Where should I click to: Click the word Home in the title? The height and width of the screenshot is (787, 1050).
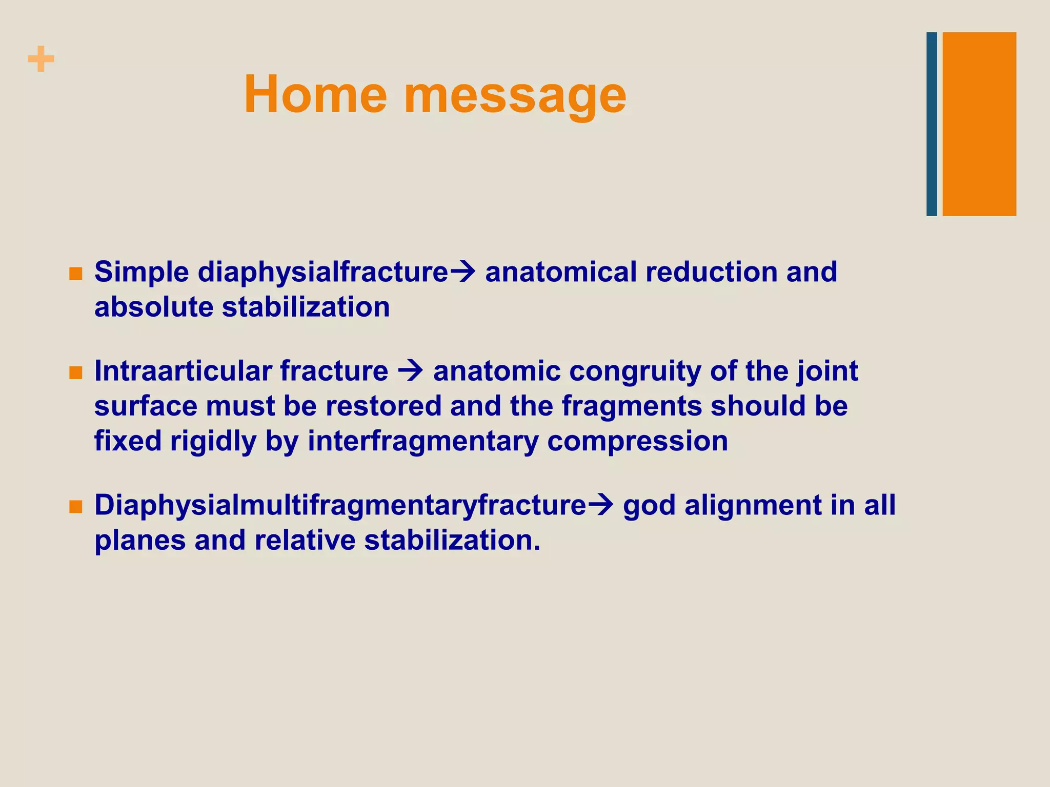pos(315,95)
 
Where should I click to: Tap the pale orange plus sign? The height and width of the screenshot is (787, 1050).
pos(41,59)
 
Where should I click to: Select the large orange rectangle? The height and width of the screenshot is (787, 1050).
pos(979,124)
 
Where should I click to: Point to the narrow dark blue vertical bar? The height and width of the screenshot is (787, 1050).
pos(932,124)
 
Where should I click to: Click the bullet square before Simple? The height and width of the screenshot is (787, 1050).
pos(75,274)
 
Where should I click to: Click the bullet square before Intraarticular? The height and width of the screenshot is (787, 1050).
pos(75,372)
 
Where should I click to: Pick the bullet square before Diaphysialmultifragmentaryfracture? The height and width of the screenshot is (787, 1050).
pos(75,507)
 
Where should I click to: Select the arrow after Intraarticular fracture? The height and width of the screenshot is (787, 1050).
pos(411,371)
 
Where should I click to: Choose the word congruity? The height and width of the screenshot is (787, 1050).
pos(635,371)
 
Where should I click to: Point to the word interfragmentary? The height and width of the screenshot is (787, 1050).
pos(422,441)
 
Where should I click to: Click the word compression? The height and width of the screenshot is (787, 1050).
pos(637,442)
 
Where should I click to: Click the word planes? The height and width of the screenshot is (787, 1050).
pos(140,542)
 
